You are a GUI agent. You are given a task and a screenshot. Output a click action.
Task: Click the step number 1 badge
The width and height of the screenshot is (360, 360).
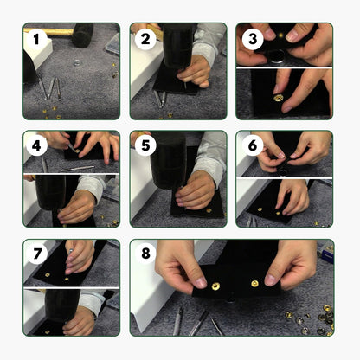click(x=36, y=39)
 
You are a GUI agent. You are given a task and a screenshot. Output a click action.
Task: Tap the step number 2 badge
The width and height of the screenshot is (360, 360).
click(x=145, y=39)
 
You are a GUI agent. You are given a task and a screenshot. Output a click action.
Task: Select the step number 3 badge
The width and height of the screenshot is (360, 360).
click(x=253, y=39)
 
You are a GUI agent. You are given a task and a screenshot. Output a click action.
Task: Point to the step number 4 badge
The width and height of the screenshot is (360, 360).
click(x=36, y=145)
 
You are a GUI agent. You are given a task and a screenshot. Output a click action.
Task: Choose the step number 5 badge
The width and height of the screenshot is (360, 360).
click(x=145, y=145)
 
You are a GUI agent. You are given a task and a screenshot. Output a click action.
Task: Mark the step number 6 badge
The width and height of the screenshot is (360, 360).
click(x=253, y=145)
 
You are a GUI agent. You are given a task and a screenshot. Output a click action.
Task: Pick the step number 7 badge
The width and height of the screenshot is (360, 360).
click(x=37, y=254)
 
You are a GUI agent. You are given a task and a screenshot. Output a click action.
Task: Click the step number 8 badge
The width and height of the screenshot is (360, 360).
click(x=145, y=254)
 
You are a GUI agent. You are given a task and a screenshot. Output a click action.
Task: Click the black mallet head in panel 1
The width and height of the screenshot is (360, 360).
click(x=83, y=35)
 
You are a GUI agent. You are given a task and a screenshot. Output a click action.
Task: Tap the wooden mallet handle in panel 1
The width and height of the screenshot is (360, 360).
click(x=48, y=32)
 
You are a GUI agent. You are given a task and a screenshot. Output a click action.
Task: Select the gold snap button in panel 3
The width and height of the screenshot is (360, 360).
click(x=278, y=98)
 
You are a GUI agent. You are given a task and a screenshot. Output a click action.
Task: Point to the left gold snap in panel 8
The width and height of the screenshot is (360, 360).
click(x=215, y=286)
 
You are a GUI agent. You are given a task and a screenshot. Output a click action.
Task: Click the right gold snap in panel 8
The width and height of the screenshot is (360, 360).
click(x=254, y=284)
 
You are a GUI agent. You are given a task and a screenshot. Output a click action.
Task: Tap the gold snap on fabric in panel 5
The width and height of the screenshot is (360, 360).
click(x=209, y=211)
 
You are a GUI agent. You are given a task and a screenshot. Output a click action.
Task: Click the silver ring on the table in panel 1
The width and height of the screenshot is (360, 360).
click(x=77, y=62)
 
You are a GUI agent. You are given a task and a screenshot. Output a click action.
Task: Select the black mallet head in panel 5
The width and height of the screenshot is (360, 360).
click(x=168, y=160)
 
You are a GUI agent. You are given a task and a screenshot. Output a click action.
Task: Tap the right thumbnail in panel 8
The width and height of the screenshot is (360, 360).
click(x=271, y=280)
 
